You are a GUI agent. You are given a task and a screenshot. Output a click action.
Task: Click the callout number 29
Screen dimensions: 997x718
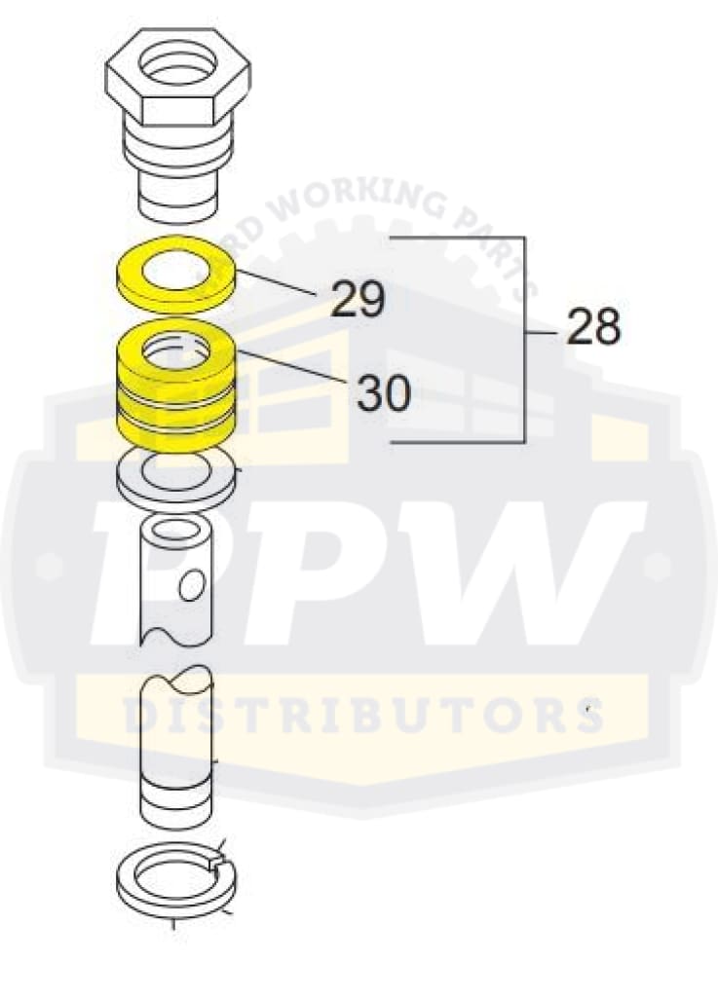coord(358,299)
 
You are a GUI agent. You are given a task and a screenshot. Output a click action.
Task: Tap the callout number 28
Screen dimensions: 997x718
coord(593,329)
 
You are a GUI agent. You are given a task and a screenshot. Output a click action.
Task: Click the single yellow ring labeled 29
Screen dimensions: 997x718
coord(175,269)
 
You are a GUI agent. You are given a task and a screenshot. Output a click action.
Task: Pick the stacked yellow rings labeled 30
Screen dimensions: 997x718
coord(175,389)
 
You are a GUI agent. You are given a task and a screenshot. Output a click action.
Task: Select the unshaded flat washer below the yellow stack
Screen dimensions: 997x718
coord(175,477)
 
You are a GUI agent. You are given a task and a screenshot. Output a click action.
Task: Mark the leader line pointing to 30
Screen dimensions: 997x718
coord(292,370)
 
